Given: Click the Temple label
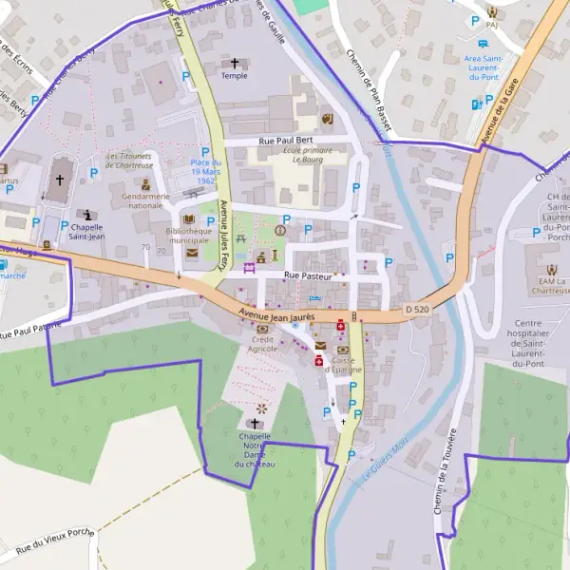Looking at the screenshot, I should [235, 76].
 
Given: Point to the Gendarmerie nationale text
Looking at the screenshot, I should [132, 200].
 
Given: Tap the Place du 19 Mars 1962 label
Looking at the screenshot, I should [203, 172].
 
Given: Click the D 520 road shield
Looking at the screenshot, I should [417, 309].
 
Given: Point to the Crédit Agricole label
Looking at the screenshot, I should [264, 343].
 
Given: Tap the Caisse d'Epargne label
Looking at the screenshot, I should [344, 365].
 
